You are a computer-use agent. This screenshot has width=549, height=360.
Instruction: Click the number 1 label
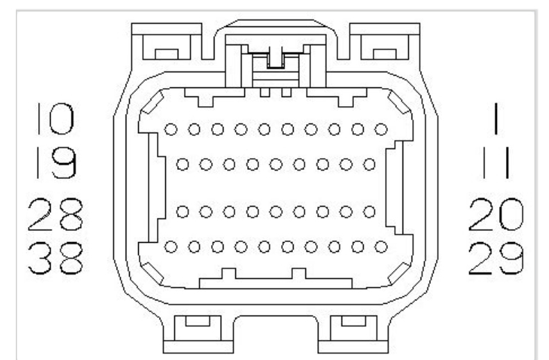coord(498,119)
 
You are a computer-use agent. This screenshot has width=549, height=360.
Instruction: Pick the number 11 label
coord(498,164)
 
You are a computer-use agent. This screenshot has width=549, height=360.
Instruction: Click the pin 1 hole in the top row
coord(380,129)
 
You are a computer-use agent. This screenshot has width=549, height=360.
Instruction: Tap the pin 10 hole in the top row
coord(171,129)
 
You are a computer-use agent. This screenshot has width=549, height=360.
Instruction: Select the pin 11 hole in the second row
coord(369,164)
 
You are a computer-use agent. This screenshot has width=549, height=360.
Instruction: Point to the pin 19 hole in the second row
coord(183,164)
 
